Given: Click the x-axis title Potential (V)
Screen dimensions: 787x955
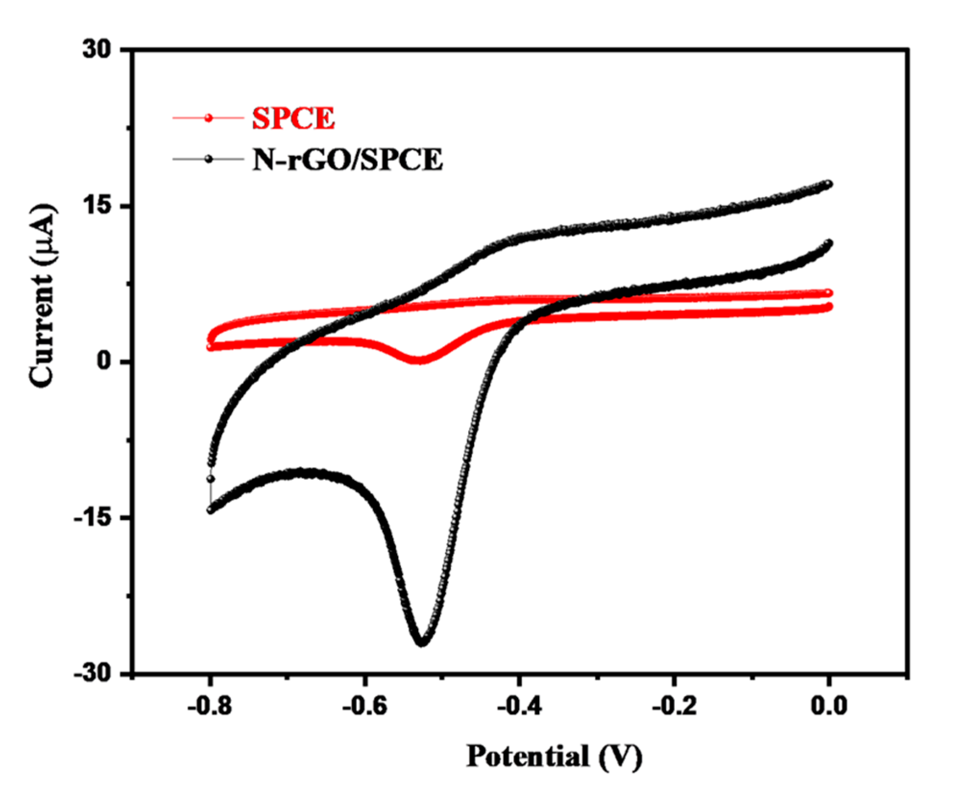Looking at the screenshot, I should coord(554,756).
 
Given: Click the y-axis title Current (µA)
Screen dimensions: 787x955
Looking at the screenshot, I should coord(42,296).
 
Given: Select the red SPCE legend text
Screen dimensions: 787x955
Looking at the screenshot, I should coord(293,118).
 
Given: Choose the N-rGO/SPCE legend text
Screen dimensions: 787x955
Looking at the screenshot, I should coord(347,160).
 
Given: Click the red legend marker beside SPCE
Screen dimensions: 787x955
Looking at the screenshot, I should coord(208,118).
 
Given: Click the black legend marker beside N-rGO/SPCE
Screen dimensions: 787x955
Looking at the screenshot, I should coord(208,159).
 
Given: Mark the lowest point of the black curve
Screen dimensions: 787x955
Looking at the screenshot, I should coord(422,641).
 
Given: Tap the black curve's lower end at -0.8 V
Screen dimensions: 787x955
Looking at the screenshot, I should coord(210,510).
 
